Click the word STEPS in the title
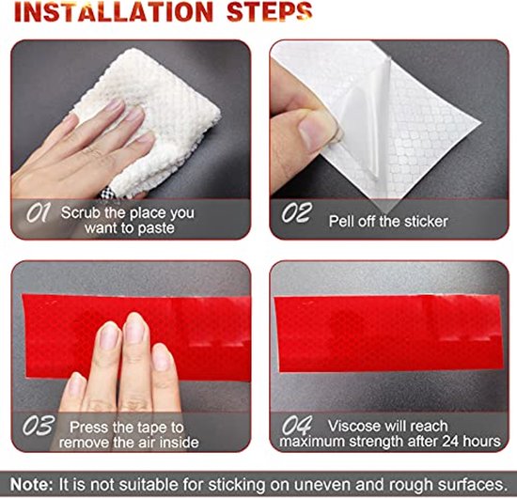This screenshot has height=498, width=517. pyautogui.click(x=269, y=12)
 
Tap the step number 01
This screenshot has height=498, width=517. pyautogui.click(x=39, y=212)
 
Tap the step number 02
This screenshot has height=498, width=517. pyautogui.click(x=296, y=212)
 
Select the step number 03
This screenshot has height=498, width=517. pyautogui.click(x=39, y=425)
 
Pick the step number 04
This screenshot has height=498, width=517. pyautogui.click(x=297, y=425)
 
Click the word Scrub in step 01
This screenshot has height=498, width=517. pyautogui.click(x=81, y=213)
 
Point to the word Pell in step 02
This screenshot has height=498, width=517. pyautogui.click(x=341, y=222)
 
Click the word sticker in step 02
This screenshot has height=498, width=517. pyautogui.click(x=426, y=222)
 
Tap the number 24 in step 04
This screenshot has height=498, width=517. pyautogui.click(x=450, y=442)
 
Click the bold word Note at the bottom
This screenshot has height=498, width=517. pyautogui.click(x=31, y=485)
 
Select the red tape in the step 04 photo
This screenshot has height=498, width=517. pyautogui.click(x=389, y=334)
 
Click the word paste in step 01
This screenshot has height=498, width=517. pyautogui.click(x=156, y=228)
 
